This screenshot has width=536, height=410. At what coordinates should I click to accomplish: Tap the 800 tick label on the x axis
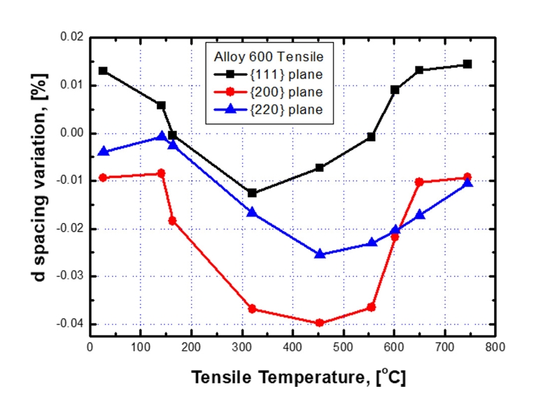click(495, 347)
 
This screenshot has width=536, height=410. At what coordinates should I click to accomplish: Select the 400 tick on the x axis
click(292, 347)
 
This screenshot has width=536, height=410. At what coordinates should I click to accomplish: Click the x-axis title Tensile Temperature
click(298, 378)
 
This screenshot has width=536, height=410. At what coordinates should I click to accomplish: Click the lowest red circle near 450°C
click(319, 323)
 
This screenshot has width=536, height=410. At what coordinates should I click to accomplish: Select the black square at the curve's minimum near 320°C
click(252, 193)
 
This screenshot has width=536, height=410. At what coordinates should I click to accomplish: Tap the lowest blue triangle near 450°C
click(320, 254)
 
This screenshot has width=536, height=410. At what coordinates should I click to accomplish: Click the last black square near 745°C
click(467, 64)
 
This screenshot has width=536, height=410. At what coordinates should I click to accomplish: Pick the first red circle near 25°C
click(103, 177)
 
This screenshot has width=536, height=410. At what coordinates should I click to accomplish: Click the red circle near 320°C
click(252, 309)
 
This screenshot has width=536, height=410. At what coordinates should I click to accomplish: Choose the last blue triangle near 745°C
click(467, 182)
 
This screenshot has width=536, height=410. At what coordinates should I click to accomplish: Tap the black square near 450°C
click(320, 168)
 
